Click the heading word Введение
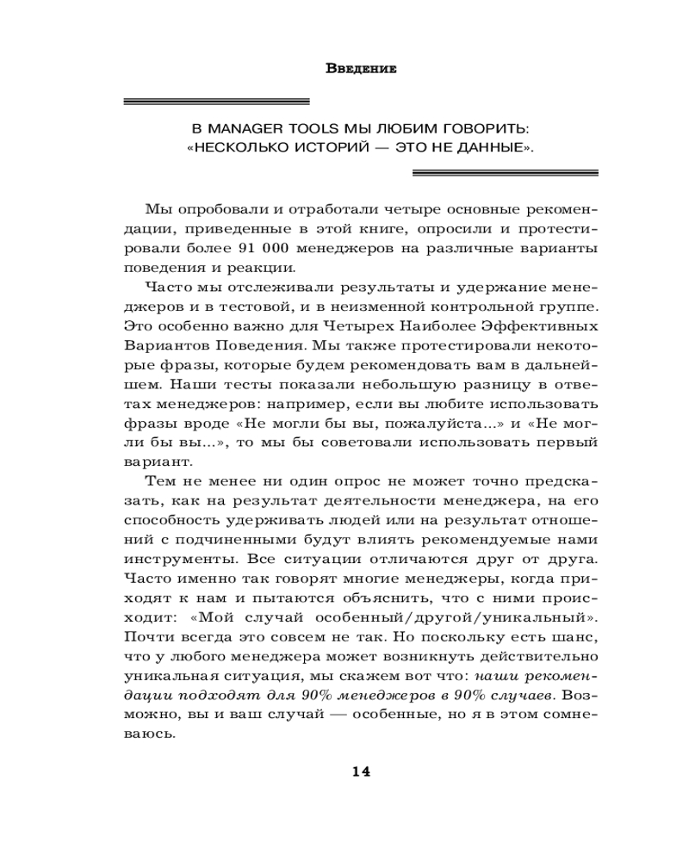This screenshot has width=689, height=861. tap(362, 69)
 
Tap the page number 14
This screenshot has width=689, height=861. tap(361, 771)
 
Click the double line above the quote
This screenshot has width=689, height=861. tap(217, 102)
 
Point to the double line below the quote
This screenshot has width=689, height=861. tap(506, 172)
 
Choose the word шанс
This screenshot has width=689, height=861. tap(578, 637)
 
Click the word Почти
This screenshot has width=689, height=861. tap(148, 637)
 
